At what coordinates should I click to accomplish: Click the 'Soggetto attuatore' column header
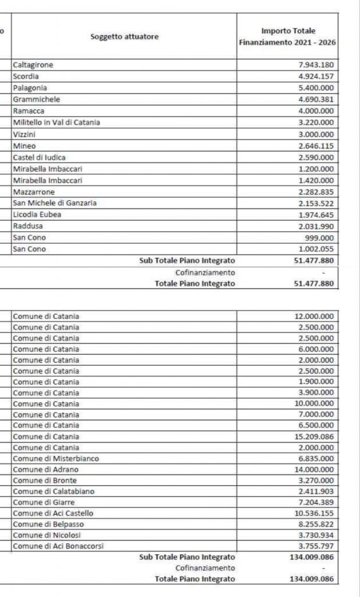tap(124, 37)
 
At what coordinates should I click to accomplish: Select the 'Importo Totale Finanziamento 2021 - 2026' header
tap(287, 37)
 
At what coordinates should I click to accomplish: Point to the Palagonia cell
tap(30, 88)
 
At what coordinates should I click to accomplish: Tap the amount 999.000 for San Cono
tap(320, 238)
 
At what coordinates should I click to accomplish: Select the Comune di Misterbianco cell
tap(56, 459)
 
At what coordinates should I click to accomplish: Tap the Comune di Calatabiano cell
tap(53, 491)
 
